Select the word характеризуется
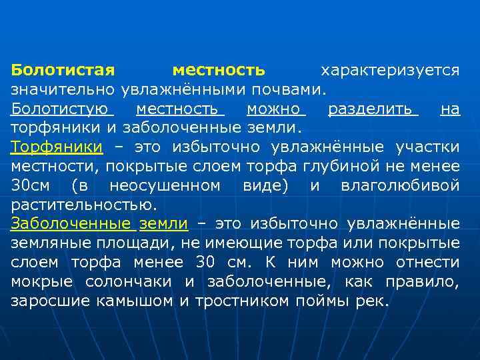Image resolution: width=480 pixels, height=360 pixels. tap(390, 70)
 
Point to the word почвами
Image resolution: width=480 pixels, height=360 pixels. tap(292, 89)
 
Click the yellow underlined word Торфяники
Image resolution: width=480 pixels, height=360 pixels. tap(57, 147)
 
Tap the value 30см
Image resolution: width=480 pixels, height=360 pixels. tap(33, 185)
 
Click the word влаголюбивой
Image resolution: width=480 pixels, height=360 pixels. tap(400, 185)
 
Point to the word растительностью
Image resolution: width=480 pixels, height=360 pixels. tap(85, 204)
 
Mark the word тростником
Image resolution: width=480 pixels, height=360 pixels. tap(243, 300)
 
